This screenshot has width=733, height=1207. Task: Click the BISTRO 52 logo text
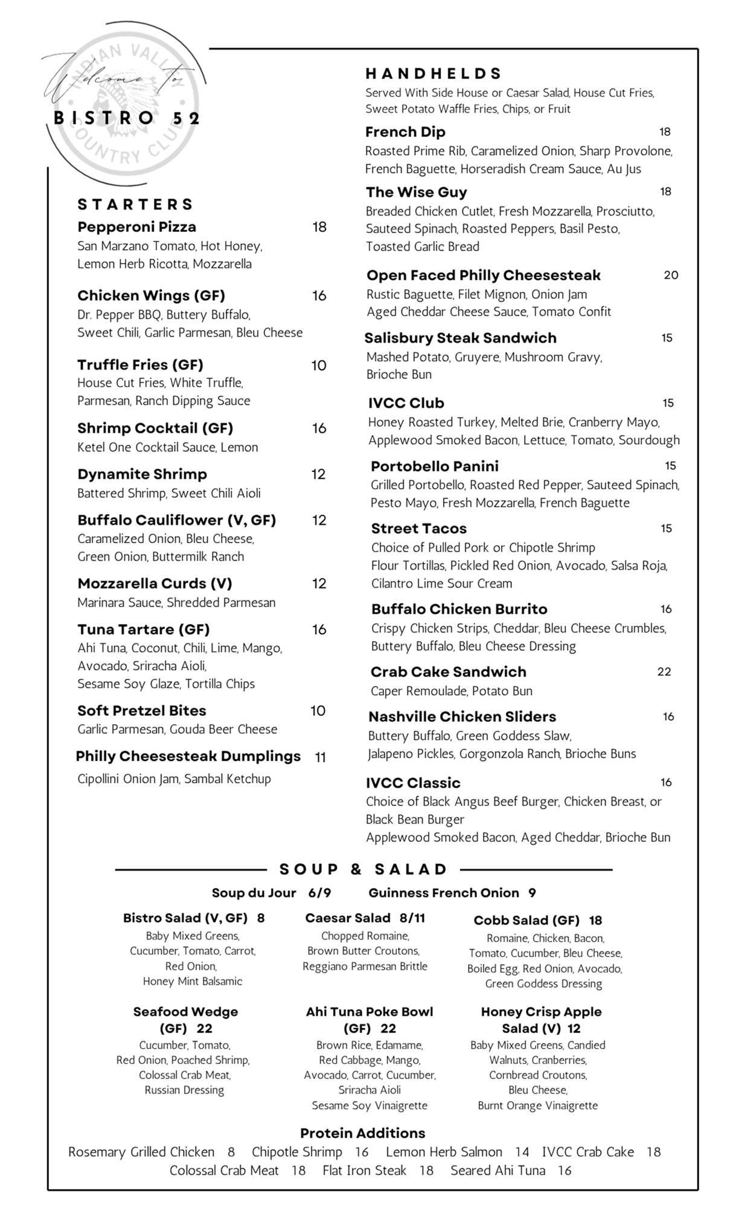click(x=127, y=118)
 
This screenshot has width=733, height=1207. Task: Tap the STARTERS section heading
click(x=135, y=205)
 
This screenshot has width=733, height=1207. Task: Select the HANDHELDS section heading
click(x=434, y=74)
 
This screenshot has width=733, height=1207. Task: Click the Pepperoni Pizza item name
click(x=137, y=227)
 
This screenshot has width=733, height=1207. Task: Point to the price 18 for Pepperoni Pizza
click(x=319, y=227)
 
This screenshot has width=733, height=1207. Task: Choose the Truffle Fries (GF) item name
click(x=140, y=365)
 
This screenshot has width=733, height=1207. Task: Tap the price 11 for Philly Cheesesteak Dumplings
click(x=321, y=757)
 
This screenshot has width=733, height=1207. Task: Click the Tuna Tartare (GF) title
click(x=144, y=629)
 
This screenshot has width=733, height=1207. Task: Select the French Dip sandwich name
click(x=405, y=132)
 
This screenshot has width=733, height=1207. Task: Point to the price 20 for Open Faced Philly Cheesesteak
click(x=671, y=275)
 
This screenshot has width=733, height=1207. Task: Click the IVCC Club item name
click(x=406, y=403)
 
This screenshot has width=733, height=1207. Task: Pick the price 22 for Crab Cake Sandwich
click(x=664, y=672)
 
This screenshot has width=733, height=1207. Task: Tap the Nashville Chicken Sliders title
click(x=462, y=717)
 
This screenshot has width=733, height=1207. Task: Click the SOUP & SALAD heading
click(x=363, y=870)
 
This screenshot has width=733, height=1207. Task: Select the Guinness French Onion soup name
click(x=444, y=893)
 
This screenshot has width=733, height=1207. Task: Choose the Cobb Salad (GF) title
click(x=527, y=920)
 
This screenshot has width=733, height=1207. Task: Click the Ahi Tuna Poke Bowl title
click(x=370, y=1012)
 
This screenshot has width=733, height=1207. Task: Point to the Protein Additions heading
click(x=363, y=1133)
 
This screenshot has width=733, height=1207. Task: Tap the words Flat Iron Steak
click(x=365, y=1171)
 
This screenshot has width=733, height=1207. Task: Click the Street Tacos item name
click(x=419, y=529)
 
